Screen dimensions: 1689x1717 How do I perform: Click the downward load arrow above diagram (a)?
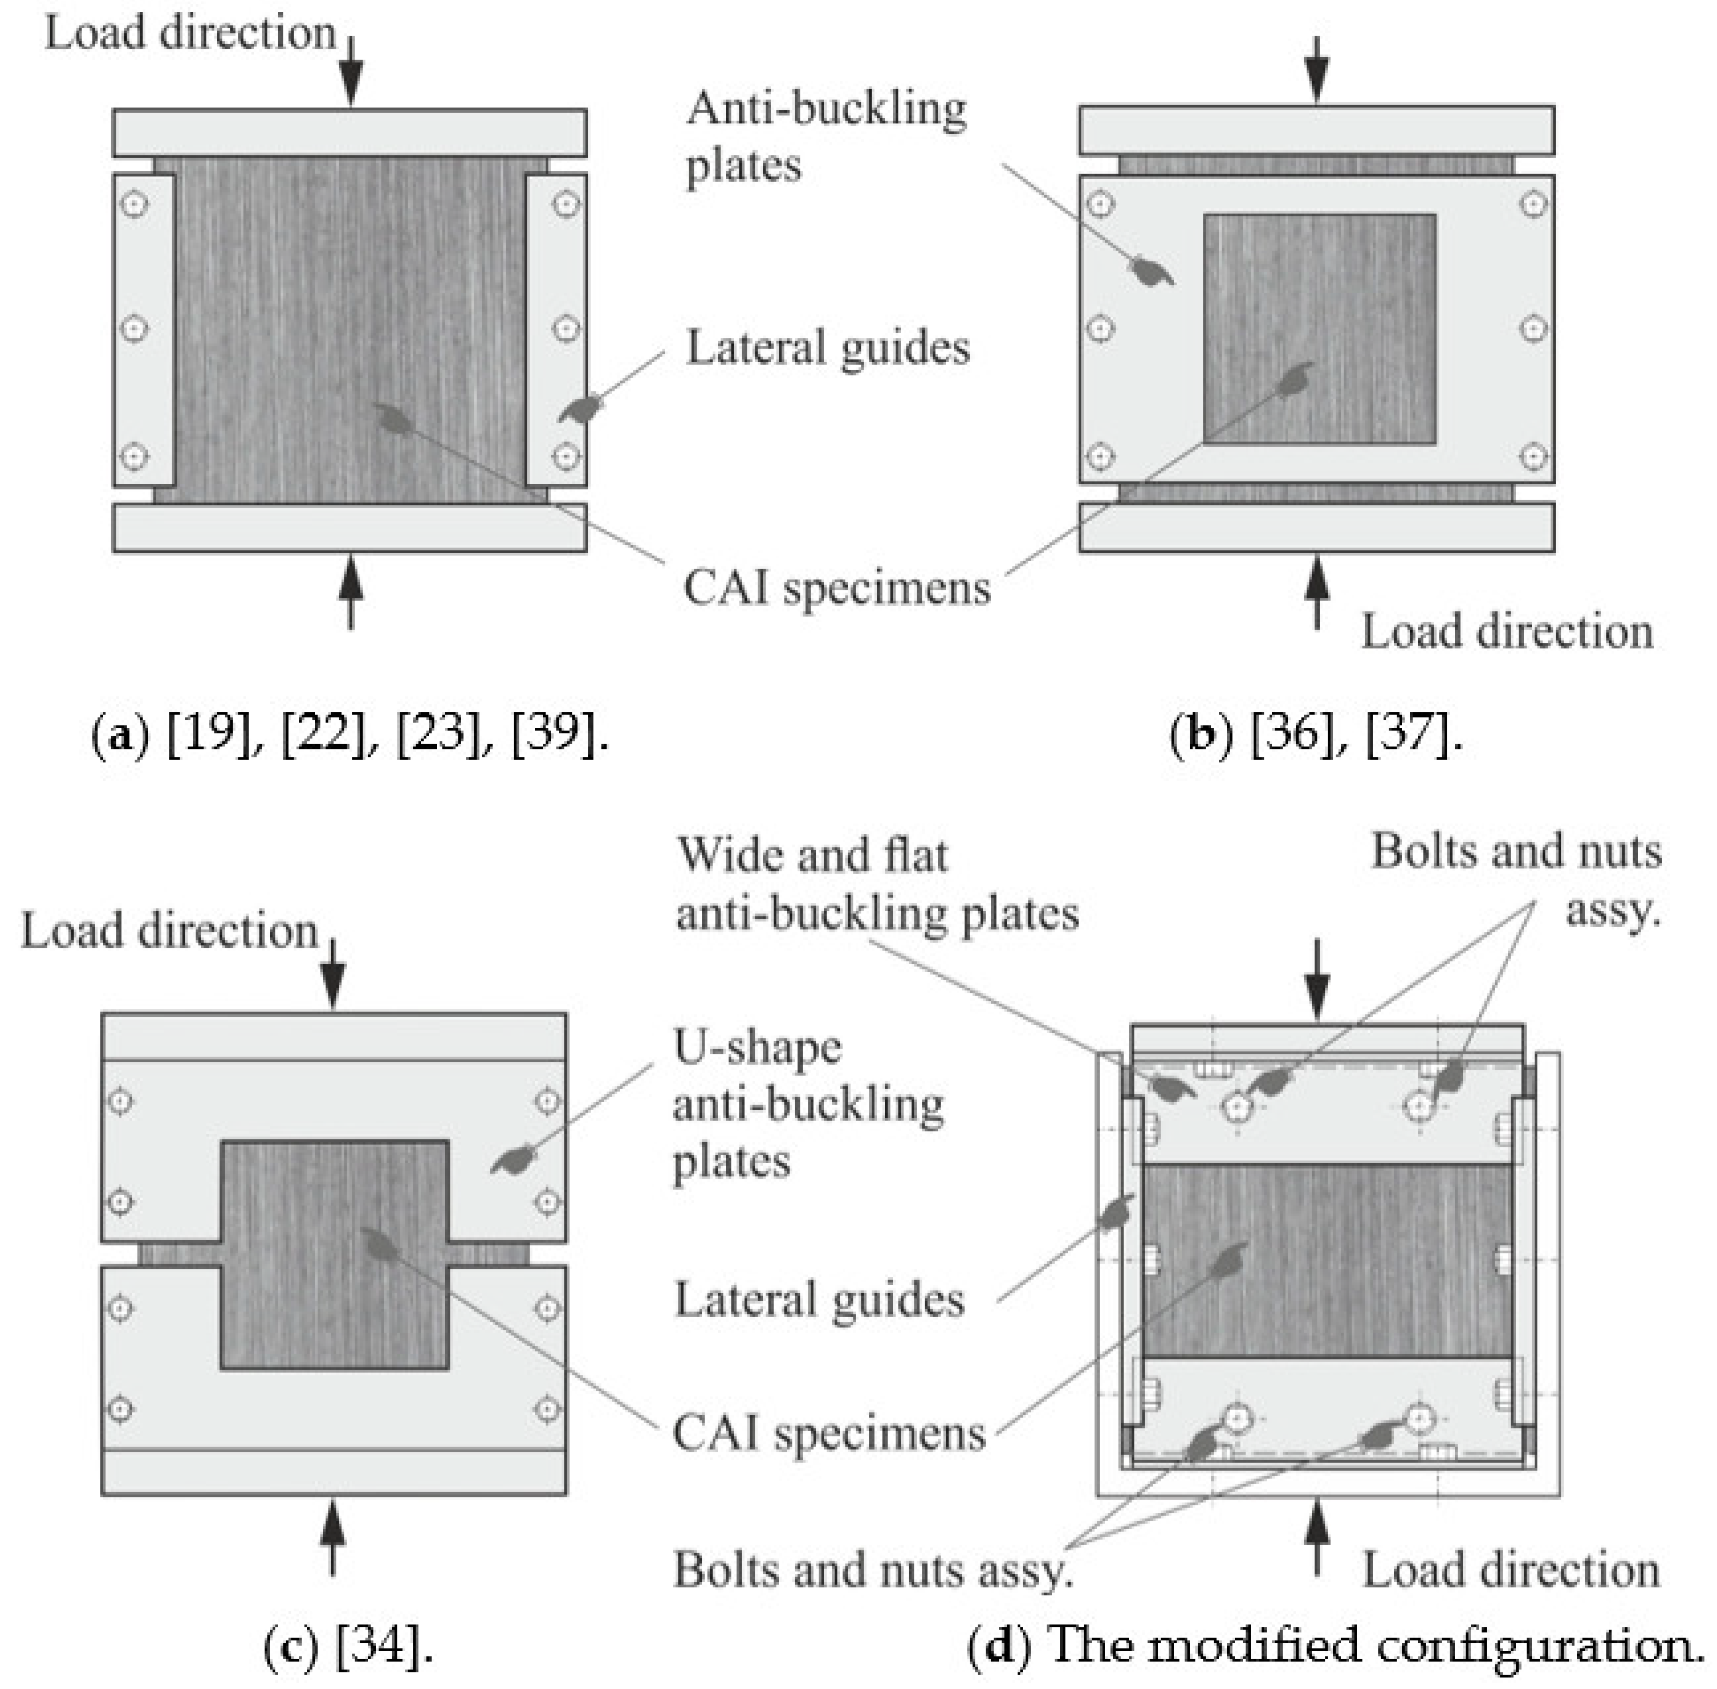click(351, 71)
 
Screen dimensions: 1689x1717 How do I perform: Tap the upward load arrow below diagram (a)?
click(351, 590)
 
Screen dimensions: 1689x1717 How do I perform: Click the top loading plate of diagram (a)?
click(349, 133)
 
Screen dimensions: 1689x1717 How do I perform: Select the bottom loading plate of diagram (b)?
click(1317, 527)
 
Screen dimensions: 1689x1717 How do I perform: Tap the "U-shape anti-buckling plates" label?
click(807, 1105)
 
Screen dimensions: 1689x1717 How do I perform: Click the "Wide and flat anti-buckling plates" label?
click(877, 885)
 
